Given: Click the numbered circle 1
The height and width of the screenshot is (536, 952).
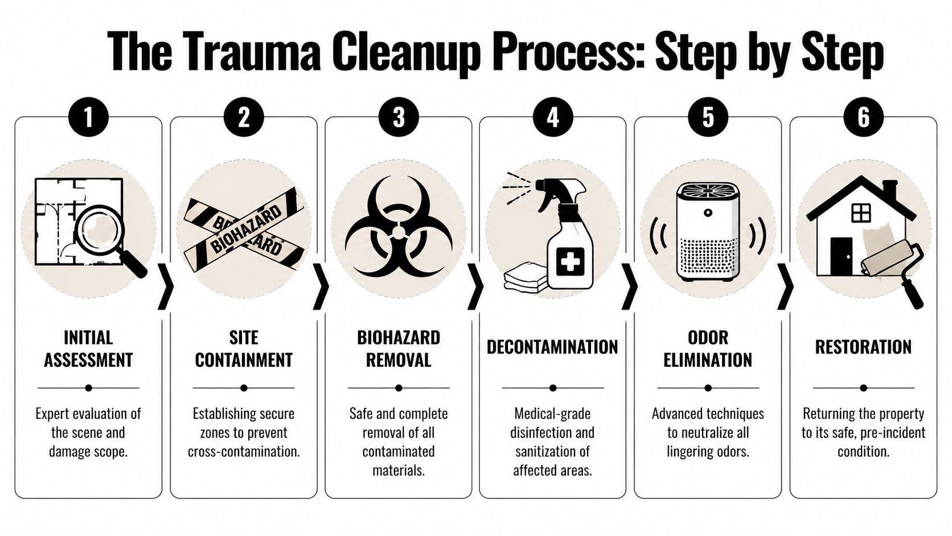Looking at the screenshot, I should pos(88,117).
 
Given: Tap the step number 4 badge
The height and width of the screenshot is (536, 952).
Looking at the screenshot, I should pos(553,117).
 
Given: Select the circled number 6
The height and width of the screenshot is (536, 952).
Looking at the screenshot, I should pos(863,117).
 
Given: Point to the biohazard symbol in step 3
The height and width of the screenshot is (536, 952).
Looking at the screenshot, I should pos(399,228).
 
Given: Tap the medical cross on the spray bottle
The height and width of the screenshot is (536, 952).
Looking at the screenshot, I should pos(569,263).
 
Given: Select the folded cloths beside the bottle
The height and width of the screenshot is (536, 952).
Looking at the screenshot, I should pos(525,278).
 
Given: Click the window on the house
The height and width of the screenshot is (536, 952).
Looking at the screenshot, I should pos(861,213).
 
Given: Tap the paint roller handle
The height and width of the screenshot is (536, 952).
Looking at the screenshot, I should pos(913,290).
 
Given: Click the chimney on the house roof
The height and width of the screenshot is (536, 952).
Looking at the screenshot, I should pos(889,190).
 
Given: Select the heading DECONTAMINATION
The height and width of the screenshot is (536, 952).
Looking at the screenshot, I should pos(552,347).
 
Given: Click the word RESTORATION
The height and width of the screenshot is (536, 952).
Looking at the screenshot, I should pos(863,347).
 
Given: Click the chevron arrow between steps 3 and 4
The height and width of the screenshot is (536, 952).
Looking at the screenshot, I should pos(475,287).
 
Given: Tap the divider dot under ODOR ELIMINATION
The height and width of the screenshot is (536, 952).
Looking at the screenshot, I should pos(708,388).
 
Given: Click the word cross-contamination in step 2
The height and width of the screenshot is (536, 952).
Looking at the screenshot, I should pos(244,452).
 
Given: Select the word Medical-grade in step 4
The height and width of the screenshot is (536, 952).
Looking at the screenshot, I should pos(552,414).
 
